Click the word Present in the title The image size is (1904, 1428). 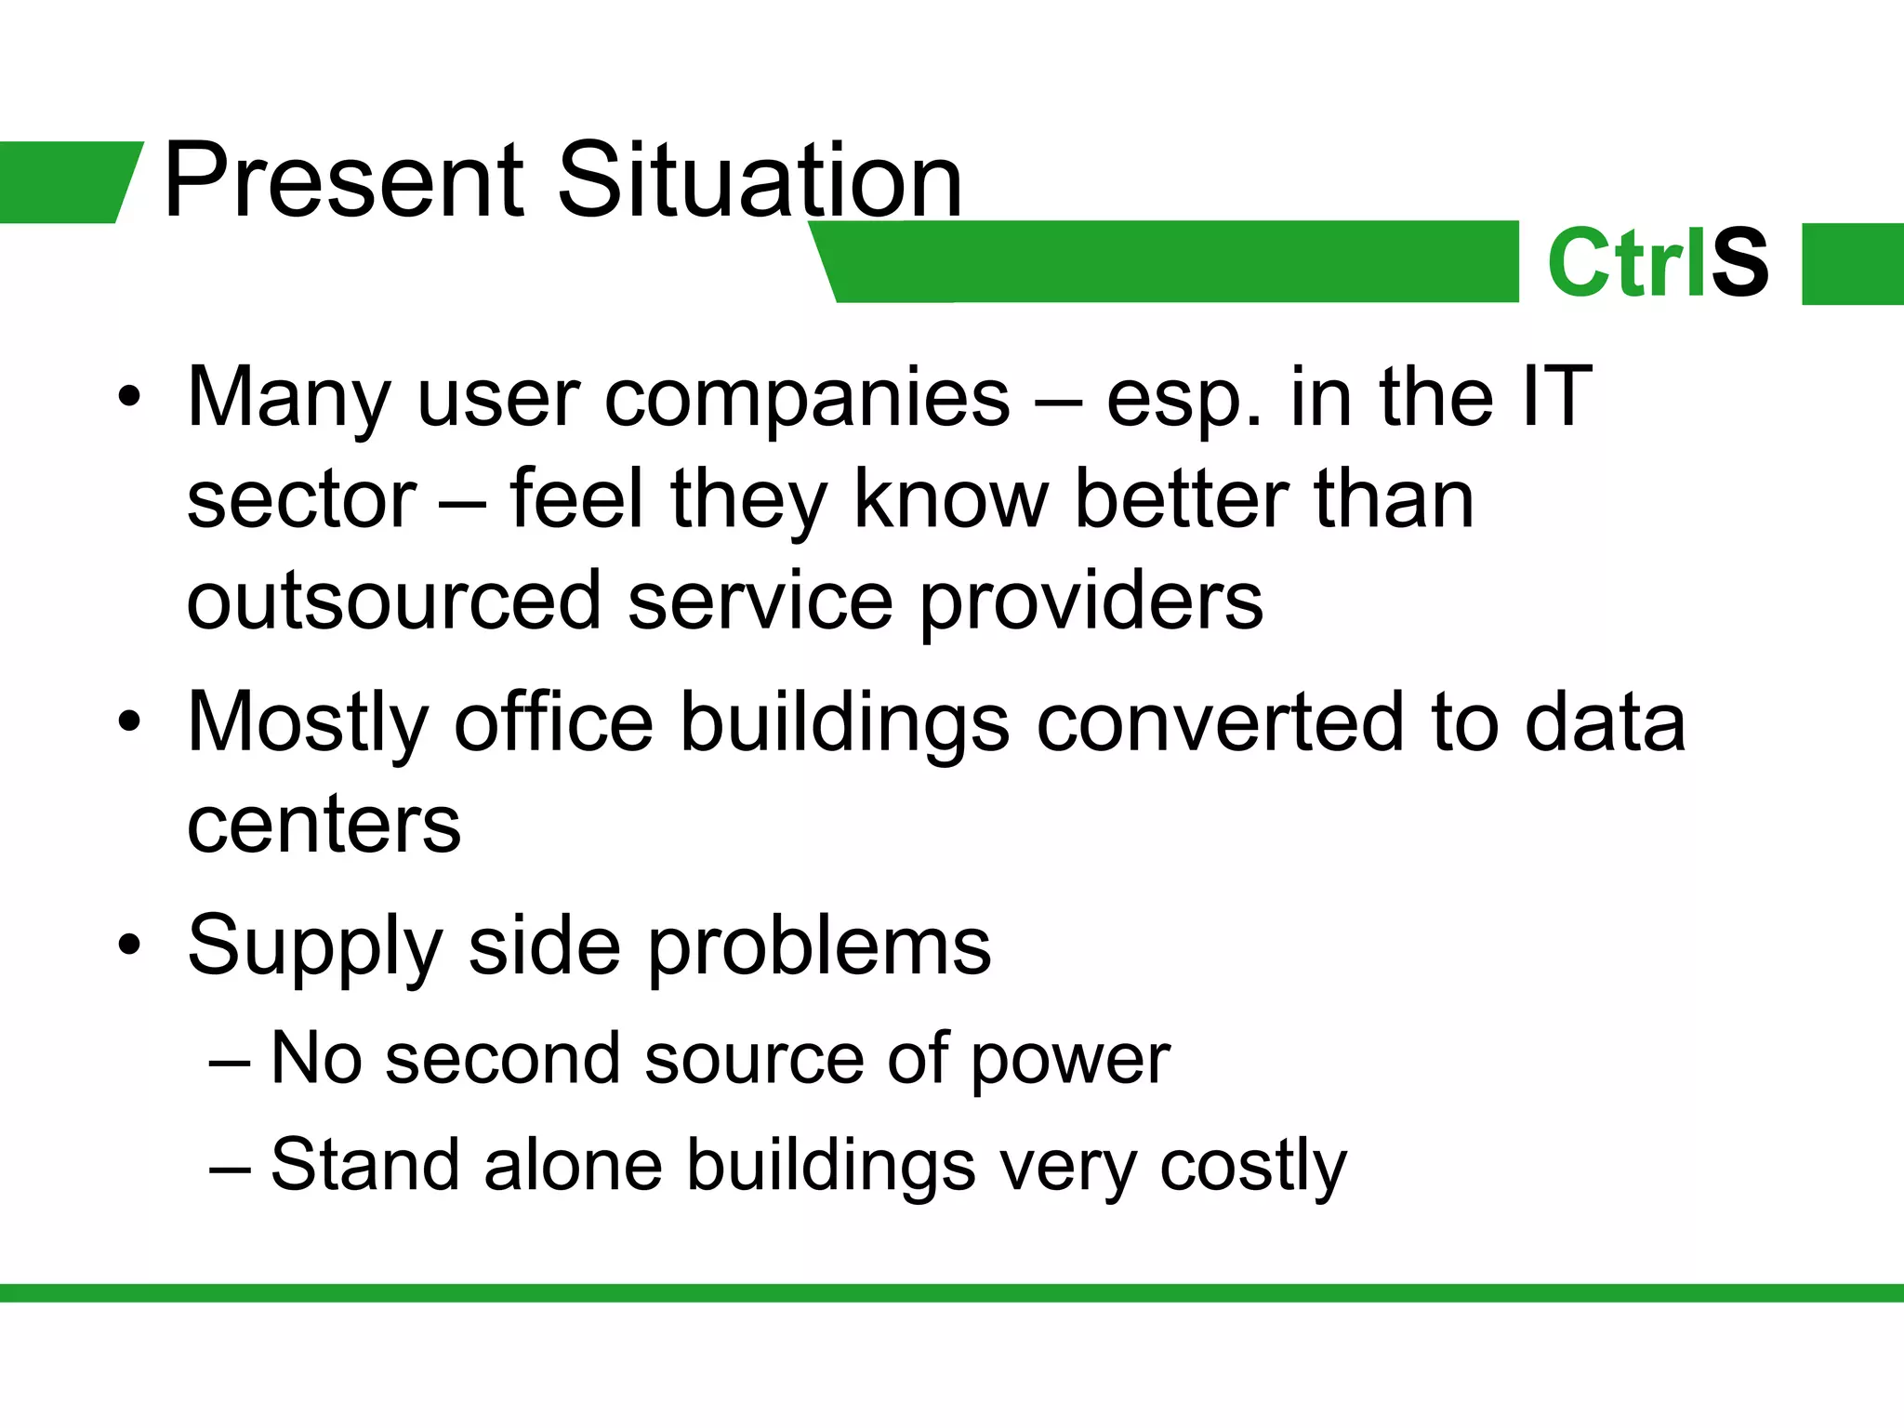tap(344, 181)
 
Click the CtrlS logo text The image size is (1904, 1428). tap(1658, 265)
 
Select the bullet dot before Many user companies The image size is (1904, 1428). tap(129, 399)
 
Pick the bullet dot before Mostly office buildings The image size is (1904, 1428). tap(129, 722)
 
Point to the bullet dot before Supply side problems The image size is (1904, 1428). tap(129, 946)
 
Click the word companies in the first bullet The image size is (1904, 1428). tap(807, 400)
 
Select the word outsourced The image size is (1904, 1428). tap(394, 602)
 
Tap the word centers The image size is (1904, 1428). tap(324, 826)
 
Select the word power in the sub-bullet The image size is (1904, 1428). tap(1070, 1062)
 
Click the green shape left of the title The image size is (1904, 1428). tap(65, 182)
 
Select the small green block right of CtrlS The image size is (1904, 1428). tap(1852, 264)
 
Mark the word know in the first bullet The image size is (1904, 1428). tap(950, 500)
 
